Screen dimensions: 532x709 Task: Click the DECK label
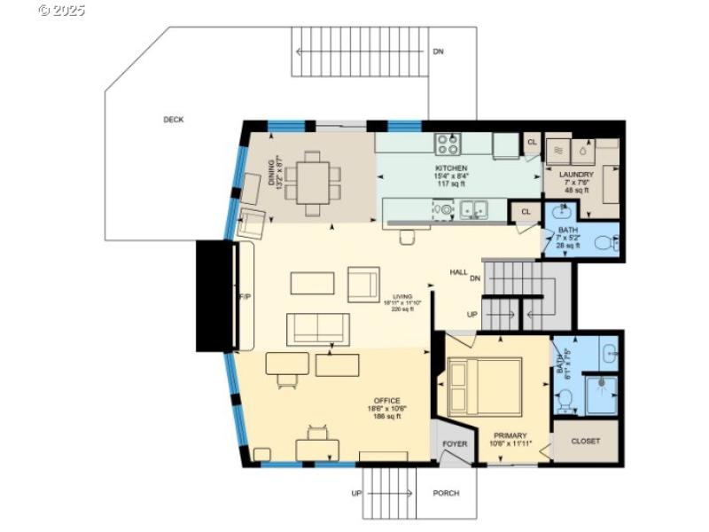pos(173,120)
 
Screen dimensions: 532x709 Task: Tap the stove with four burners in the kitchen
pos(448,143)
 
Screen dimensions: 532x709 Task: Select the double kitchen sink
pos(475,210)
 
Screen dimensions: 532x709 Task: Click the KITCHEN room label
pos(450,168)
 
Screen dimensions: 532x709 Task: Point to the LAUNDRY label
pos(576,176)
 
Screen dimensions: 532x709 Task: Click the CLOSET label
pos(585,441)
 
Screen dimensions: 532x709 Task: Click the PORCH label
pos(446,493)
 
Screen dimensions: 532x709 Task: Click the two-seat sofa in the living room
pos(317,328)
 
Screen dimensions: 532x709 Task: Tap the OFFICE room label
pos(386,401)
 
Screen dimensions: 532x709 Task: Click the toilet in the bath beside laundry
pos(604,242)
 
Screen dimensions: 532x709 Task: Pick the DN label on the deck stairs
pos(438,51)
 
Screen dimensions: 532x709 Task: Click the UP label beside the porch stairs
pos(356,493)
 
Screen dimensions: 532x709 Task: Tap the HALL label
pos(458,272)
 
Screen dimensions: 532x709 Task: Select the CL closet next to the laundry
pos(532,142)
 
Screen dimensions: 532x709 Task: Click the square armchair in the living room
pos(363,284)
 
